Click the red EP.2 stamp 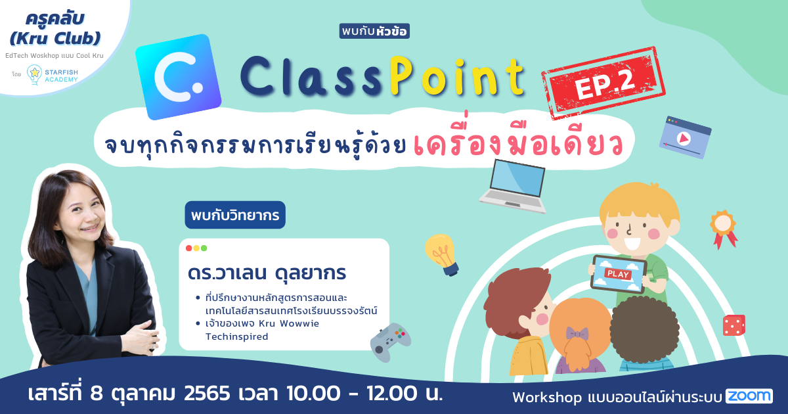coord(603,83)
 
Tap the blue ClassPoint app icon coord(179,77)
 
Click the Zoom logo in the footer coord(749,396)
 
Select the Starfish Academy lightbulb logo coord(34,75)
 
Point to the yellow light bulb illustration coord(442,254)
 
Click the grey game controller coord(391,342)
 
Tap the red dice coord(734,325)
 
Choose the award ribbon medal coord(724,229)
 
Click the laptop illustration coord(514,186)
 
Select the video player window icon coord(685,137)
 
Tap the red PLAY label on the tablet coord(618,274)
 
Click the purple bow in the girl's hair coord(577,333)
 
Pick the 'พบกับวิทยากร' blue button coord(235,215)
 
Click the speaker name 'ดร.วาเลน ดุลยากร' coord(267,273)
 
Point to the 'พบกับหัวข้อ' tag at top coord(374,31)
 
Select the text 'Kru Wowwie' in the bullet coord(289,323)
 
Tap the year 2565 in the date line coord(207,393)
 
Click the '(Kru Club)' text coord(55,38)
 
